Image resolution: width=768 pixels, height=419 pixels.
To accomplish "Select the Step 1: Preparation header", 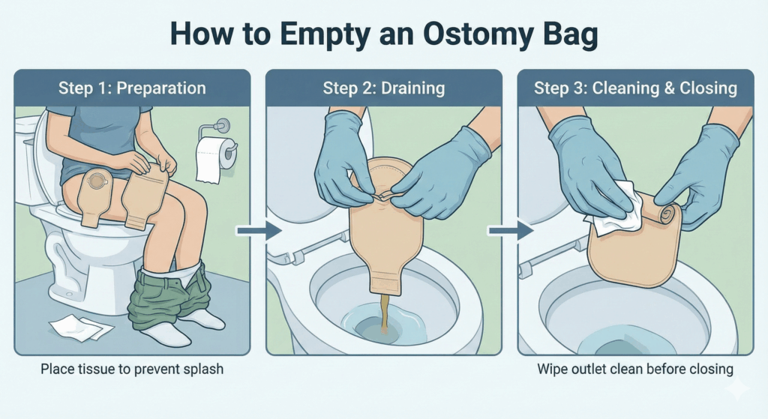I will click(132, 88).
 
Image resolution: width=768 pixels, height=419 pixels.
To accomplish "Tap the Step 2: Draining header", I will click(384, 88).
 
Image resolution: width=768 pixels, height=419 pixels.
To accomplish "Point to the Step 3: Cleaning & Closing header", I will click(635, 88).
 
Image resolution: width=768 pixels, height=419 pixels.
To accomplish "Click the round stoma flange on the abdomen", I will click(97, 184).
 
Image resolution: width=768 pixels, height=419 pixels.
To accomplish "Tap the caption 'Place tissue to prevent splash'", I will click(132, 370).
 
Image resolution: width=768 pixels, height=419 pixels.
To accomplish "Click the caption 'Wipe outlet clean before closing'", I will click(635, 370).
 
